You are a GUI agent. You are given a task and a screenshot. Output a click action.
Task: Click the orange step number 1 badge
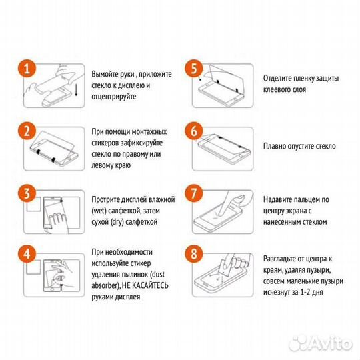(25, 69)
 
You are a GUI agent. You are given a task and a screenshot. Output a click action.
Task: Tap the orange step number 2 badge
(25, 131)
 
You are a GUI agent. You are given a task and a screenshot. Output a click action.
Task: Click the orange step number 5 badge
(194, 69)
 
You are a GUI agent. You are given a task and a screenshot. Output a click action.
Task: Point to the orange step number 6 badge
(194, 131)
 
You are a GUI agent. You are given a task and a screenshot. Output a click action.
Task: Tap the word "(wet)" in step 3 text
(101, 210)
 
